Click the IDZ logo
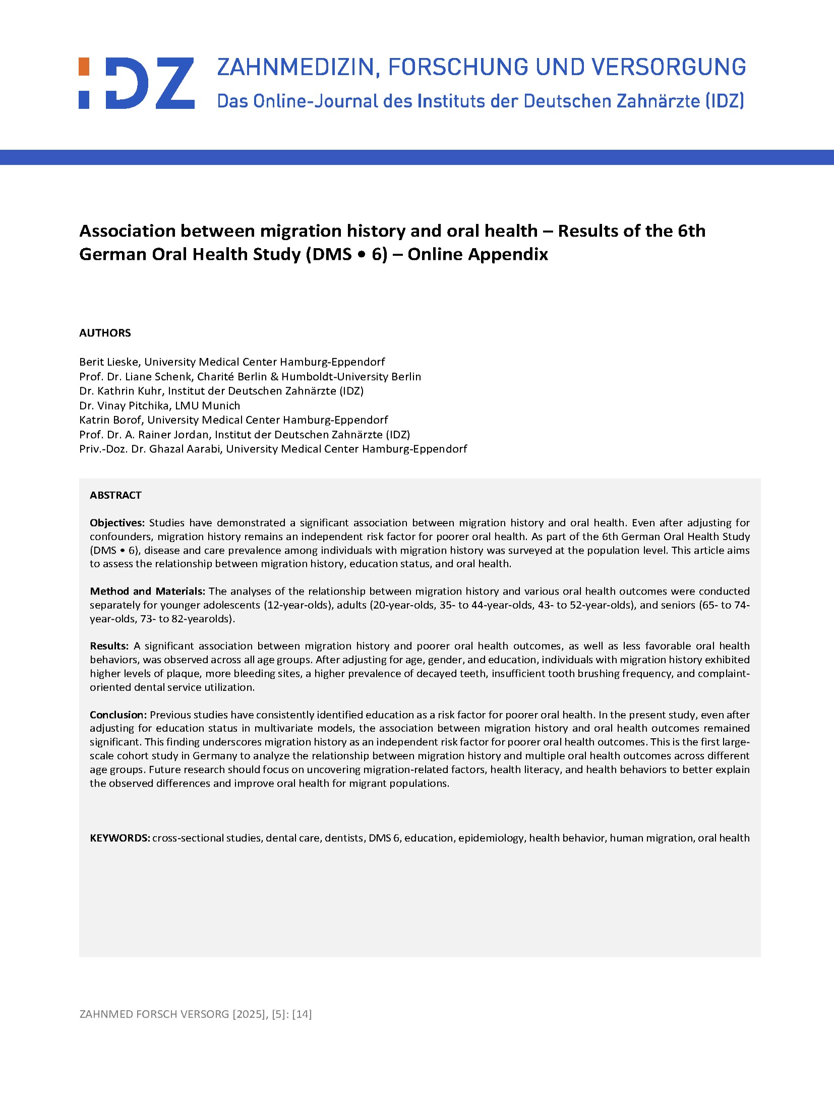point(136,83)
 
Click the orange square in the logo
point(84,67)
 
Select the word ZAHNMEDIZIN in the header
point(295,68)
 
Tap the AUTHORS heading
point(105,333)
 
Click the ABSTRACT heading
point(115,495)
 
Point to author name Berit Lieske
point(109,362)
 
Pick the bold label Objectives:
point(117,523)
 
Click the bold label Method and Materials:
point(147,591)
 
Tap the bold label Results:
point(109,646)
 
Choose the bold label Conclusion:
point(118,715)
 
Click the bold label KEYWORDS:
point(120,838)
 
